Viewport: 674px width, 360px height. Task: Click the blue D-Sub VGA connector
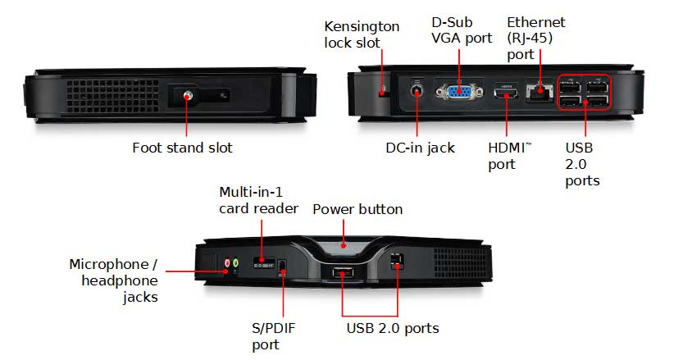click(x=458, y=92)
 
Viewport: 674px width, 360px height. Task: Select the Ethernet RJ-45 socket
click(x=539, y=93)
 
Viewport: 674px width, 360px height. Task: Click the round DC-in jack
click(x=417, y=91)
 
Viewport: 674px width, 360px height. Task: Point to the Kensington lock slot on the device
click(x=384, y=91)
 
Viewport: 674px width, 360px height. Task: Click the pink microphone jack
click(x=227, y=263)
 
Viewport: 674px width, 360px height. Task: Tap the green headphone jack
click(x=236, y=263)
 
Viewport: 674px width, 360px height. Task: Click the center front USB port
click(x=342, y=273)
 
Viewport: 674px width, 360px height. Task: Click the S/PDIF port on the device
click(x=282, y=268)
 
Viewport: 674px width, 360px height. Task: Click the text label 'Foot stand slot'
click(x=182, y=148)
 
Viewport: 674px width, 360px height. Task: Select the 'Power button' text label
click(x=357, y=209)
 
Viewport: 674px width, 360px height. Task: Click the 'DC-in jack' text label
click(x=420, y=148)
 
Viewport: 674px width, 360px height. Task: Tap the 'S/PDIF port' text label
click(x=273, y=336)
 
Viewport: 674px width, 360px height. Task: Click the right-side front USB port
click(x=398, y=260)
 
